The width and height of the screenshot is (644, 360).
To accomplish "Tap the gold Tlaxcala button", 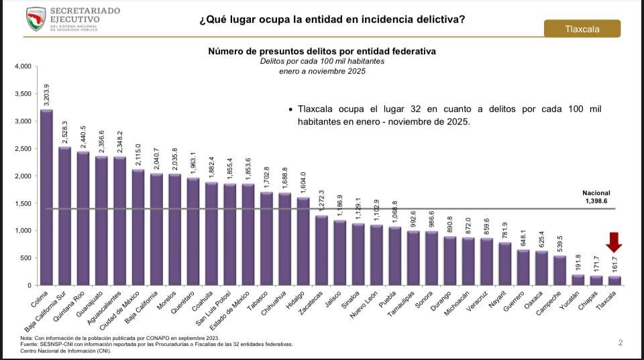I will pos(582,29).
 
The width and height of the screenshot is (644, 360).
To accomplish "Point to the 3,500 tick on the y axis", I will pos(22,94).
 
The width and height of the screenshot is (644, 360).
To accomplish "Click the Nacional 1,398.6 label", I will pos(596,197).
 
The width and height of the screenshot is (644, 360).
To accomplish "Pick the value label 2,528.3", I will pos(65,132).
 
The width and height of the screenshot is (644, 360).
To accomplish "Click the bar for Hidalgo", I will pos(303,241).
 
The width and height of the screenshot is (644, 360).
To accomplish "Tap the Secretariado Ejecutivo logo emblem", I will pos(36,19).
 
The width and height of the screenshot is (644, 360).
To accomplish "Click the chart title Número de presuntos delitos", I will pos(321,51).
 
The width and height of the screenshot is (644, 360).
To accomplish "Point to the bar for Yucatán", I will pos(576,280).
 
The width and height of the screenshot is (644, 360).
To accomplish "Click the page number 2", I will pos(621,343).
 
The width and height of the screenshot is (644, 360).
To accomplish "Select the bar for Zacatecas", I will pos(321,250).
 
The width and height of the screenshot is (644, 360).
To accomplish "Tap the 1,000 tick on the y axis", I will pos(22,231).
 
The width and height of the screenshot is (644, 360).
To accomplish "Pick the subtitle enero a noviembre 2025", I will pos(322,71).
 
